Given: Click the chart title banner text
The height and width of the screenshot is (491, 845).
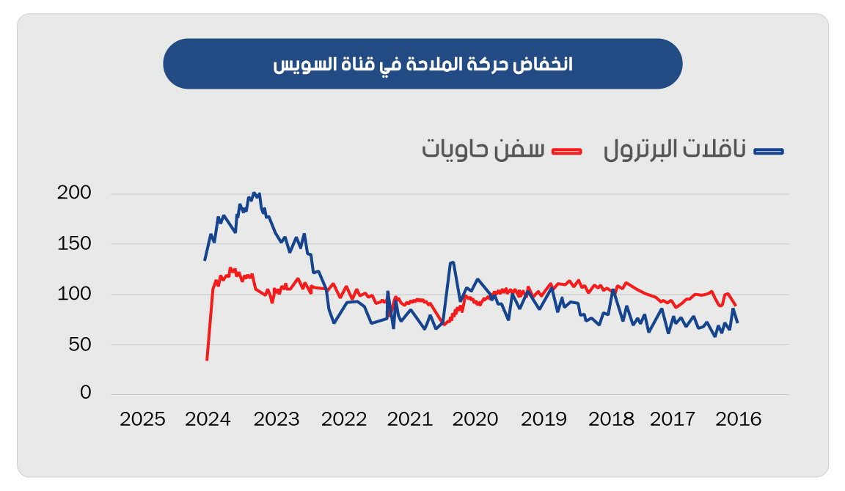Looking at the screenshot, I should pos(422,64).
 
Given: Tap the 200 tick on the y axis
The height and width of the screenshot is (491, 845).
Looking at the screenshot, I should pos(74,193).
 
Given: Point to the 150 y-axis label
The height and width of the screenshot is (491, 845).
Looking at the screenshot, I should pos(74,243).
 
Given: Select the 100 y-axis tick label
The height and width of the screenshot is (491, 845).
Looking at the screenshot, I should pos(74,294).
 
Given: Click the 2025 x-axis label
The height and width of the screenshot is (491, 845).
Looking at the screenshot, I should pos(142,420).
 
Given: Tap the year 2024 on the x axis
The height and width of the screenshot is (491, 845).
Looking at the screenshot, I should pos(208,420).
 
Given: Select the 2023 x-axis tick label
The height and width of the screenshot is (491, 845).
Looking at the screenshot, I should pos(277,420).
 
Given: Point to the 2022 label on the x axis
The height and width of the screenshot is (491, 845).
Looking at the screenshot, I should pos(343,420).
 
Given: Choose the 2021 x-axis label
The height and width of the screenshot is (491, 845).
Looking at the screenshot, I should pos(410,420).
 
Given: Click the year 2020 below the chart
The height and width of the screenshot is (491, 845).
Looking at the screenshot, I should pos(475,420).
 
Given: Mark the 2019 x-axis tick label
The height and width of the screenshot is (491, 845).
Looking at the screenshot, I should pos(544,420).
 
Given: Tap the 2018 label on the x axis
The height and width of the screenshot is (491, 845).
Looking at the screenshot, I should pos(611,420).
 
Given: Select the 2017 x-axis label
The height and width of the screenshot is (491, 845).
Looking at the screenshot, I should pos(673,420).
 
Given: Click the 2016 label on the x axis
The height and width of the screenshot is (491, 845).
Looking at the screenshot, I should pos(739,420).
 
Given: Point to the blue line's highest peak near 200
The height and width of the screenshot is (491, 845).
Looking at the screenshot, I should pos(254,193).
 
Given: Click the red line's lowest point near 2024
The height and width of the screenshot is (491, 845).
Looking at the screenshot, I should pos(207,360).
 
